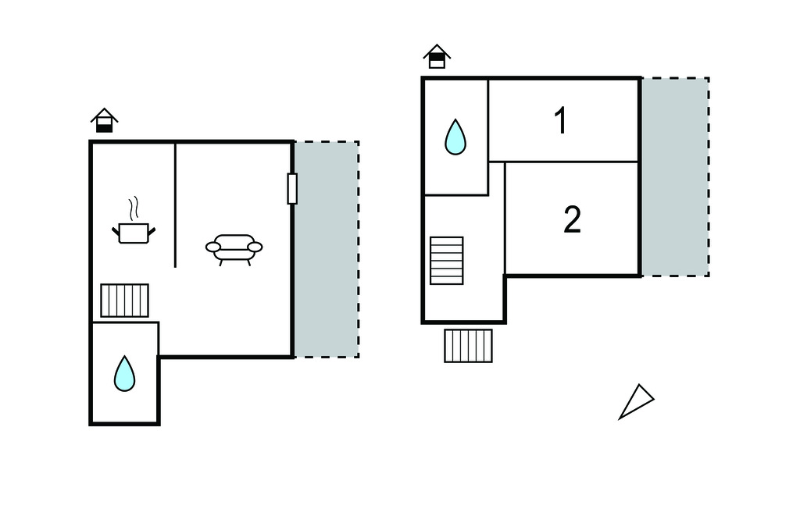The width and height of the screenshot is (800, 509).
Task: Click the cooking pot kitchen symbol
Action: (134, 232)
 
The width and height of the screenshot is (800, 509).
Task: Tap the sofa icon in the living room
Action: (234, 247)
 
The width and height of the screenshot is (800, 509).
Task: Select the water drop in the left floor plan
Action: (124, 374)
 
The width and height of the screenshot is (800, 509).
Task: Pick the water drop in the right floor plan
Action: (455, 137)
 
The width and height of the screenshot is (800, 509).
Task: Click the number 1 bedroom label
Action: (560, 121)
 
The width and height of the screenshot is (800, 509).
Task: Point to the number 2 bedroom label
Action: (572, 220)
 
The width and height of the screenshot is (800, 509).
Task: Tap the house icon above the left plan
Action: (104, 121)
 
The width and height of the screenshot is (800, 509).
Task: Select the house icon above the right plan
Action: (437, 56)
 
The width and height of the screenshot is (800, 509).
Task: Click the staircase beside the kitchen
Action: (124, 300)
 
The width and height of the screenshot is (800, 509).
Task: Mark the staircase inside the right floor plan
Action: (446, 260)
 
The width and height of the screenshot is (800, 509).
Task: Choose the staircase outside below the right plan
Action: (468, 346)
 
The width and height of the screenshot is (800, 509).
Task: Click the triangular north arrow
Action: (636, 401)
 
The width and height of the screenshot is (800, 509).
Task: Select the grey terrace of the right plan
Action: (675, 176)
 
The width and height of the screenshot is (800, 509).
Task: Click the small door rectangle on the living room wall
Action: (292, 188)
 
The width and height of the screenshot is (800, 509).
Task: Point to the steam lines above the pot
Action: (134, 208)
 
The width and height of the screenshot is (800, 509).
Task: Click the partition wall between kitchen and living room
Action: (175, 205)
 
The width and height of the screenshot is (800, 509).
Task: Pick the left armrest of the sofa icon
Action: (213, 247)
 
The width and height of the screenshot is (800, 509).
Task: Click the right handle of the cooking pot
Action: (151, 230)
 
